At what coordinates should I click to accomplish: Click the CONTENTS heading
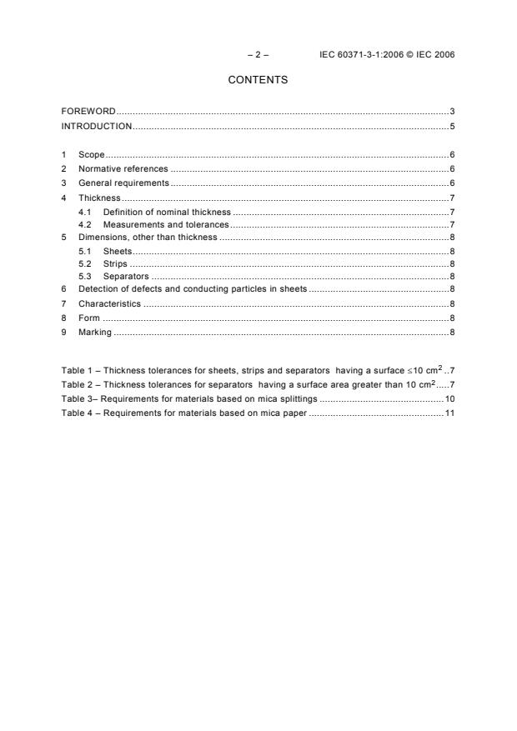click(x=258, y=80)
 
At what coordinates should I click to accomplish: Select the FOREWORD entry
click(x=88, y=111)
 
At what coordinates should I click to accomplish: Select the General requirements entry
click(x=123, y=183)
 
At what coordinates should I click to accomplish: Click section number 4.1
click(x=84, y=212)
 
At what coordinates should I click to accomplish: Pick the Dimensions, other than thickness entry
click(x=148, y=238)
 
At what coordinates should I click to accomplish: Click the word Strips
click(x=115, y=263)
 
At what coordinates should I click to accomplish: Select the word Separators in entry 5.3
click(x=126, y=276)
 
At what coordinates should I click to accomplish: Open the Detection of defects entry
click(x=193, y=288)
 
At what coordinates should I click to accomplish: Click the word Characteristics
click(x=110, y=303)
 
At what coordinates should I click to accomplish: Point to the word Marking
click(x=95, y=333)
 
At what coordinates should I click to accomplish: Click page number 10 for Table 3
click(x=449, y=399)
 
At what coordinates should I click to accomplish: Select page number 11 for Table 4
click(x=449, y=413)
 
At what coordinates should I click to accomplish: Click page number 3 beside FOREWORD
click(x=451, y=111)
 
